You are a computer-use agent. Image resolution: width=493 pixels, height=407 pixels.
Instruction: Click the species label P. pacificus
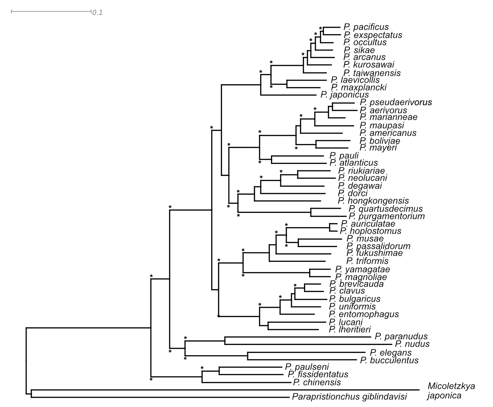tap(366, 27)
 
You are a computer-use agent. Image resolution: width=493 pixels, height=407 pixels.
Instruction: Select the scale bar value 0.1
tap(97, 13)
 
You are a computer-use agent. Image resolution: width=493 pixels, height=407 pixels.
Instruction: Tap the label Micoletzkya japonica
tap(451, 391)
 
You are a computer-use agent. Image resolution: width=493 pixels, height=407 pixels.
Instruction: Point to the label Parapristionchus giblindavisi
tap(349, 397)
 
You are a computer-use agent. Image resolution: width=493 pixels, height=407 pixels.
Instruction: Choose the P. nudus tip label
tap(412, 344)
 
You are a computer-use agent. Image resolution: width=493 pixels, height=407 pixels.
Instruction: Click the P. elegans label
tap(391, 353)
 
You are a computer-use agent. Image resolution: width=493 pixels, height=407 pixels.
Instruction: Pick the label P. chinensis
tap(317, 382)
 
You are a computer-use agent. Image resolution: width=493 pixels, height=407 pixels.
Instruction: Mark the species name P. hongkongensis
tap(373, 201)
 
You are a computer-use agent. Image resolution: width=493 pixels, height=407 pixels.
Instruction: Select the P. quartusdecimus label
tap(386, 209)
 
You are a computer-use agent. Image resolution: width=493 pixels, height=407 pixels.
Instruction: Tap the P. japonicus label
tap(345, 95)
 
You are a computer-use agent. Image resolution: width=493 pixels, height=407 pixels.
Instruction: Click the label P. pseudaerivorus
tap(396, 102)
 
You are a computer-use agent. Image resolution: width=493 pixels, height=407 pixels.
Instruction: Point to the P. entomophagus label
tap(364, 314)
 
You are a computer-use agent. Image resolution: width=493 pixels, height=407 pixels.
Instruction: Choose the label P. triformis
tap(368, 261)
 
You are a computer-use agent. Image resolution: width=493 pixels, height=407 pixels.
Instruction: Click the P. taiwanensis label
tap(372, 73)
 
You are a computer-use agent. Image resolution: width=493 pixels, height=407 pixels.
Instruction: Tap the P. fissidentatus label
tap(317, 375)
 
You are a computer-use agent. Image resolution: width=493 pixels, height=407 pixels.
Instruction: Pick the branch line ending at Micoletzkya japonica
tap(222, 390)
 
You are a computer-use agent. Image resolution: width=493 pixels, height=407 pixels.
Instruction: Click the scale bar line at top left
tap(51, 11)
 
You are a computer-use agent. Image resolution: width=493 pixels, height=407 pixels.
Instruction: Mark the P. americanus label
tap(388, 133)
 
